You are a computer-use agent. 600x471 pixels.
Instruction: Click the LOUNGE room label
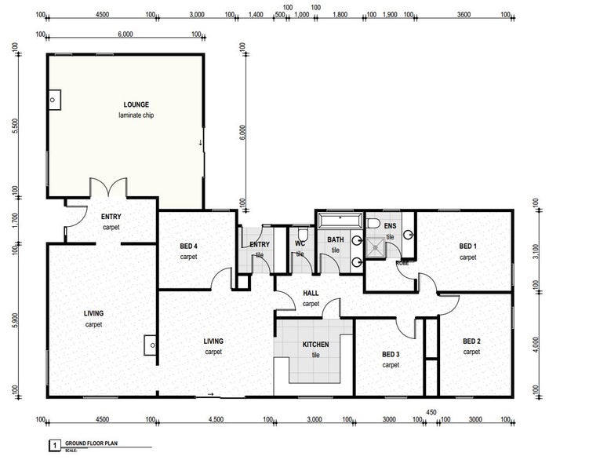[136, 104]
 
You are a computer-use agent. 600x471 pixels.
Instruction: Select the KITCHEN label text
[316, 344]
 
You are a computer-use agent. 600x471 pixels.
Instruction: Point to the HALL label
[311, 294]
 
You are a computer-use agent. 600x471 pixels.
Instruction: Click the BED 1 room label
[468, 246]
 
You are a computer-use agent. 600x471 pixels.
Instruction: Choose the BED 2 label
[471, 341]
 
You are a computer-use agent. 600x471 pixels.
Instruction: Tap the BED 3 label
[391, 354]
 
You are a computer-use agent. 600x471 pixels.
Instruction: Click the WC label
[300, 243]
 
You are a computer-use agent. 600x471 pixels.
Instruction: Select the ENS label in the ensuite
[390, 228]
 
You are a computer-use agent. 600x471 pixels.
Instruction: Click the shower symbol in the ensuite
[379, 247]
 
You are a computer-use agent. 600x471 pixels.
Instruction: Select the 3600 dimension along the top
[464, 14]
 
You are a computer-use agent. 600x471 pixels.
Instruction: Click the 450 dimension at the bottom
[431, 411]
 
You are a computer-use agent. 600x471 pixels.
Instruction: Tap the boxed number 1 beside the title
[54, 445]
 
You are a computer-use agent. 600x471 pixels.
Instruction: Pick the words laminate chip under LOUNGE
[136, 116]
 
